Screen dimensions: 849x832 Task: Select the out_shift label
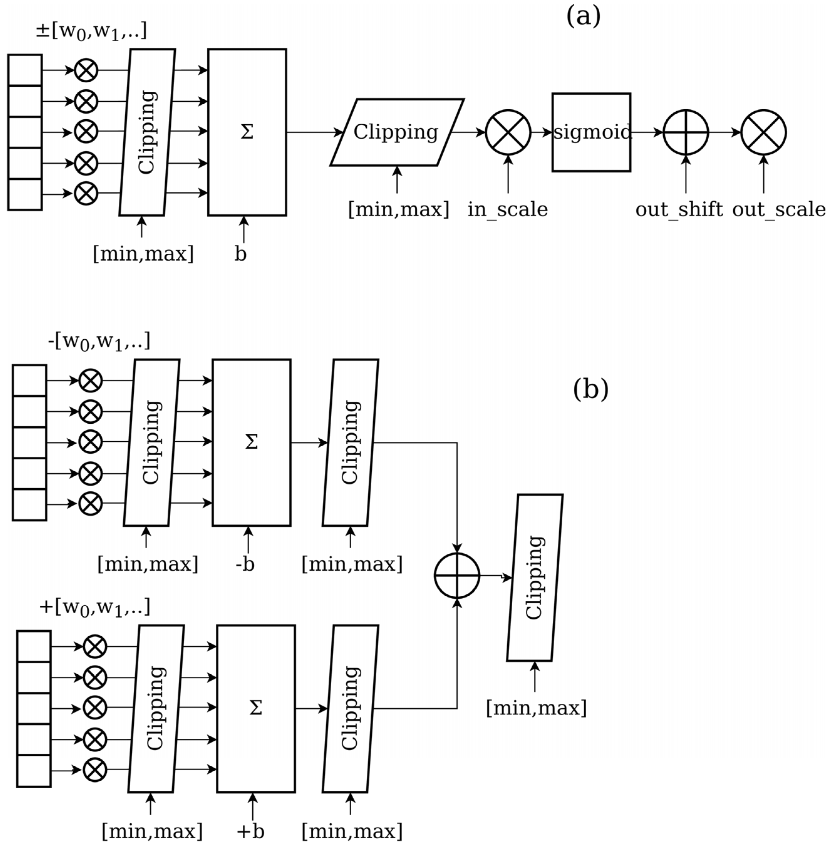[679, 209]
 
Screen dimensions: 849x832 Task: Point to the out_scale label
[779, 209]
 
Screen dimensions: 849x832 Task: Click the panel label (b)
[590, 389]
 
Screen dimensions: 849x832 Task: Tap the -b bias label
[245, 564]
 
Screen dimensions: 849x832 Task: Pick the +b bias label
[251, 831]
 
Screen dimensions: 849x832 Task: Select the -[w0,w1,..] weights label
[99, 341]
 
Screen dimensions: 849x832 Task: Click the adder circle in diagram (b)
[457, 576]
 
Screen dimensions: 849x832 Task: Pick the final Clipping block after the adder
[535, 578]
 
